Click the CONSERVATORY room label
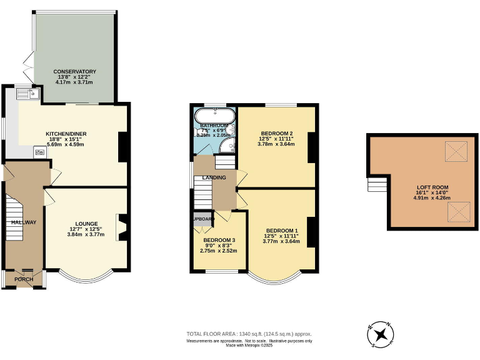pyautogui.click(x=74, y=71)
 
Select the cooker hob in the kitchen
pyautogui.click(x=39, y=151)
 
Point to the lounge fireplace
pyautogui.click(x=123, y=227)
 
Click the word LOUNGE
pyautogui.click(x=87, y=223)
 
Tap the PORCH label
pyautogui.click(x=24, y=279)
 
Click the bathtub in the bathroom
pyautogui.click(x=214, y=117)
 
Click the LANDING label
pyautogui.click(x=214, y=178)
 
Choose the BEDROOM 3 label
pyautogui.click(x=219, y=240)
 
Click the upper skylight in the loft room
pyautogui.click(x=454, y=151)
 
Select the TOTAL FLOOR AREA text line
pyautogui.click(x=249, y=334)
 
